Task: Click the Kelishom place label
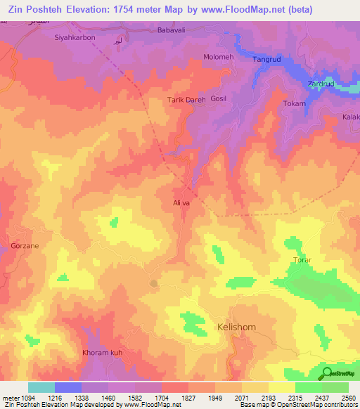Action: pos(239,328)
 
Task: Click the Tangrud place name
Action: pos(267,60)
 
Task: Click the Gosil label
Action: pos(220,100)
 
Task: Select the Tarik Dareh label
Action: pos(186,100)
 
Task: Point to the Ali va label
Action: pos(181,202)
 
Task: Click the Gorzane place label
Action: pos(25,246)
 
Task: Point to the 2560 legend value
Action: pos(347,398)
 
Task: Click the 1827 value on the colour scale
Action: pos(174,398)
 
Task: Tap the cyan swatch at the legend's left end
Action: pos(41,387)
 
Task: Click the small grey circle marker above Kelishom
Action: pos(153,284)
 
